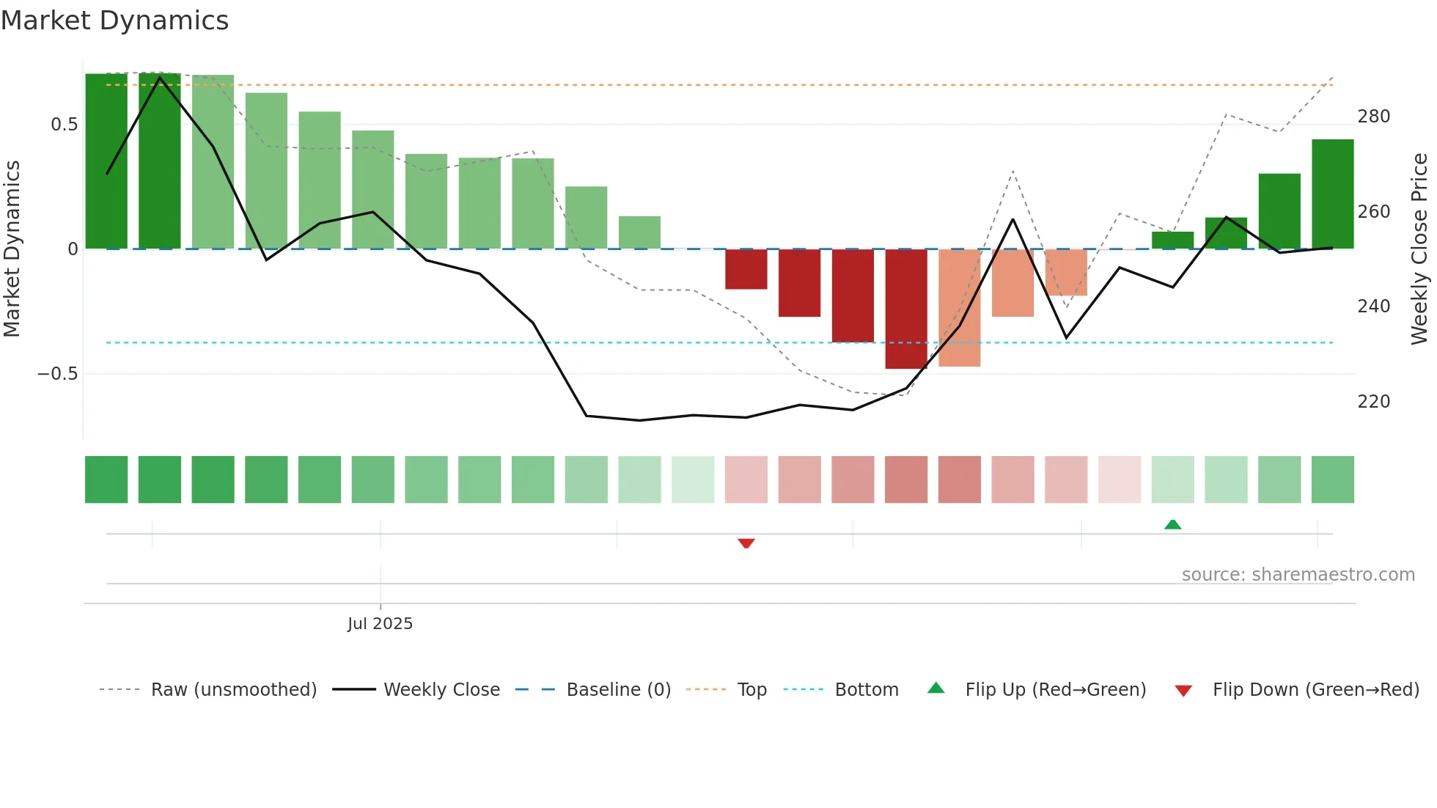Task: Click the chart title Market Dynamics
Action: pyautogui.click(x=114, y=21)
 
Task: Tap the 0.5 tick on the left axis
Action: pyautogui.click(x=64, y=125)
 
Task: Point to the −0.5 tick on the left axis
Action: pyautogui.click(x=57, y=374)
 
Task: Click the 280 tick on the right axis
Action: pyautogui.click(x=1373, y=117)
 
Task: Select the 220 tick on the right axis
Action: pyautogui.click(x=1373, y=402)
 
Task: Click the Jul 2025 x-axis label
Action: pyautogui.click(x=380, y=624)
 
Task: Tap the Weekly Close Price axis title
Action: pyautogui.click(x=1419, y=249)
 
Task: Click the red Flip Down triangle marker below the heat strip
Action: pyautogui.click(x=746, y=543)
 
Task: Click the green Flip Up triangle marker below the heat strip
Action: pyautogui.click(x=1173, y=524)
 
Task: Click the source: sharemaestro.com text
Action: pyautogui.click(x=1298, y=575)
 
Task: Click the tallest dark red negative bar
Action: pyautogui.click(x=906, y=309)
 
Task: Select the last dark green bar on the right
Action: pyautogui.click(x=1333, y=194)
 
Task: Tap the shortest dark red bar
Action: pyautogui.click(x=746, y=269)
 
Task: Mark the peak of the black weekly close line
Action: pyautogui.click(x=160, y=78)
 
